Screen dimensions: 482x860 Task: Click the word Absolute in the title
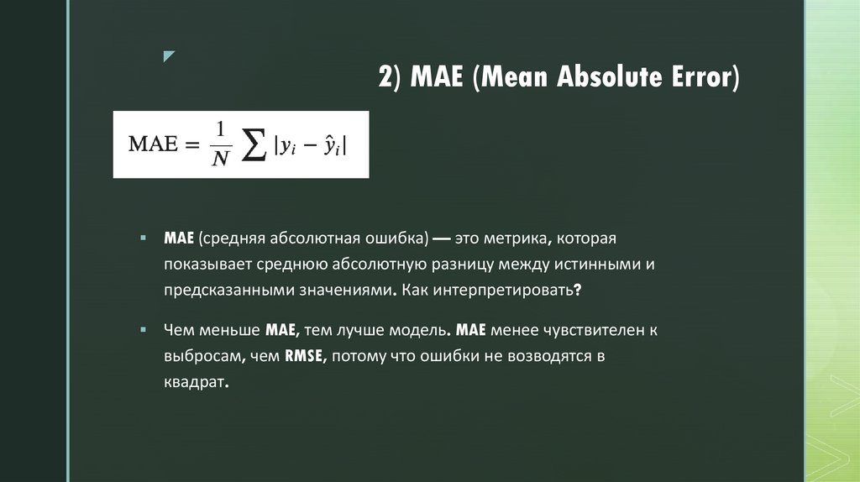point(606,79)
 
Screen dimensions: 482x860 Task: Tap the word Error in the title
point(702,79)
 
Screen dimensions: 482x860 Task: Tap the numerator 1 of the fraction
point(219,130)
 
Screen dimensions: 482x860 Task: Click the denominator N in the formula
point(220,160)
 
